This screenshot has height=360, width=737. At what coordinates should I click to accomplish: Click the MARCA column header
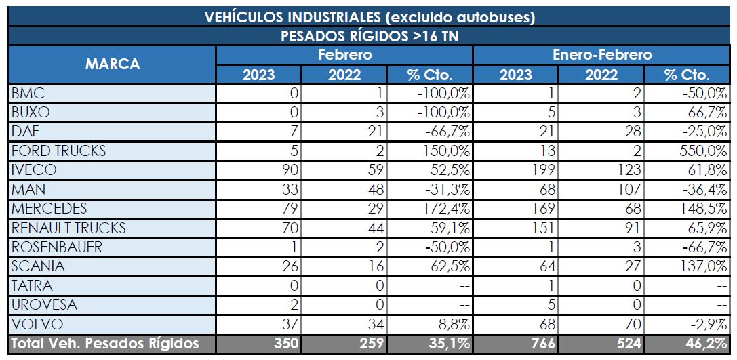[x=112, y=64]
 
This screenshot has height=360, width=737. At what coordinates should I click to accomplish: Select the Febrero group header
[x=344, y=55]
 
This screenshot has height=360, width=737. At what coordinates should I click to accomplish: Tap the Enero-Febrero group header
[x=602, y=55]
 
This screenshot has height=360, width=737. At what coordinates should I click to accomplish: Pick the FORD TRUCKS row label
[x=59, y=151]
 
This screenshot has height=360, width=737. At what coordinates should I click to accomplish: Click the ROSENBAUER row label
[x=57, y=247]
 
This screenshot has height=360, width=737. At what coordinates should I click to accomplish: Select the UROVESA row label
[x=45, y=304]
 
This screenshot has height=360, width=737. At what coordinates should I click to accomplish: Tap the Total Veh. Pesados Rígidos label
[x=106, y=344]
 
